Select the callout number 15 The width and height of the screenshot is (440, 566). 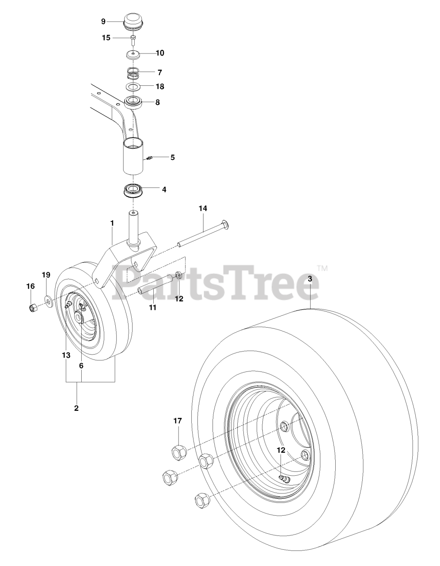pos(106,38)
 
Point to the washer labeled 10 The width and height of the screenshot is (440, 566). pos(133,56)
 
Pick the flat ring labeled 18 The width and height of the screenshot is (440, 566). pos(133,87)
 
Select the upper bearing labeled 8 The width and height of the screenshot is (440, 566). pos(133,102)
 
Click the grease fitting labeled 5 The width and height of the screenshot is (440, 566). pos(149,157)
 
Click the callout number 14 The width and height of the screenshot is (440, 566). pos(203,208)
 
